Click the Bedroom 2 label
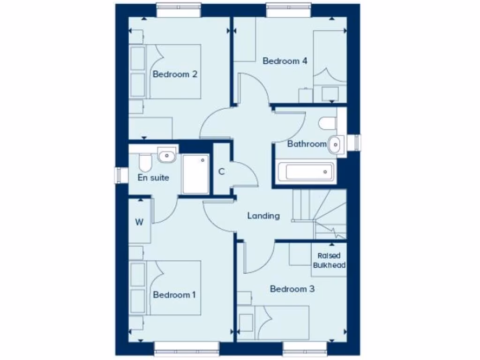175,74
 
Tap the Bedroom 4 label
285,61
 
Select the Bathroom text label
307,144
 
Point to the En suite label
153,178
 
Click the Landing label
263,216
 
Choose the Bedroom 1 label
174,295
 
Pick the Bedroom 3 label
292,289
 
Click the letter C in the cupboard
221,171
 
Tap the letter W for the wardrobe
139,222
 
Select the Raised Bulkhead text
329,261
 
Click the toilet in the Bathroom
328,123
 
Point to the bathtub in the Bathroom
306,172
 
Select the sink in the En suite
167,155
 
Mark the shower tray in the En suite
196,174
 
